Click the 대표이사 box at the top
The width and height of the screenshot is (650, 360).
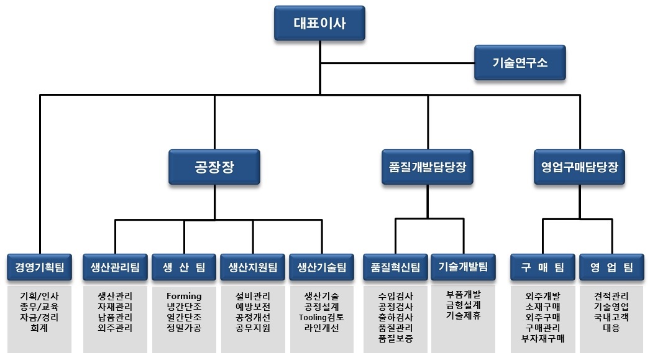point(319,24)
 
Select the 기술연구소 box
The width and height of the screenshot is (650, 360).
point(520,62)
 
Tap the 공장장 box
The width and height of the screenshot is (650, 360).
point(214,167)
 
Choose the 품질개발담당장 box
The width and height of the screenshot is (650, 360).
point(428,167)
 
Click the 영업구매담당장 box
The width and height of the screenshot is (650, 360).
point(579,167)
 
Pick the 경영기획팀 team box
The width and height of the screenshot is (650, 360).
point(40,267)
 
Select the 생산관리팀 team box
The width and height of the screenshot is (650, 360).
point(115,267)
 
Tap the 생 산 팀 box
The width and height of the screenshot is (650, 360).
point(184,267)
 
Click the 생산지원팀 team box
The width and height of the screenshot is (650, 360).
point(253,267)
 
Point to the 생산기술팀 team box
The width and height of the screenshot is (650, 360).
point(322,267)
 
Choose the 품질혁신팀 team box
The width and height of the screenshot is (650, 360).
point(395,267)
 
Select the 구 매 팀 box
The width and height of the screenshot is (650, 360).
point(542,267)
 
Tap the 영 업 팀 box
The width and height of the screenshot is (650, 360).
point(611,267)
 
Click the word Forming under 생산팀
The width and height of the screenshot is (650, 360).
point(184,296)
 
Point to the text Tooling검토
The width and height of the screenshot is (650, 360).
point(322,317)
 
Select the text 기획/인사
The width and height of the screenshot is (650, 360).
point(39,296)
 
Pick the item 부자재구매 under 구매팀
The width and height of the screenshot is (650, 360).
point(542,338)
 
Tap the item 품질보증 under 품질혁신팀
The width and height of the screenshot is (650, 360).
point(395,338)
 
